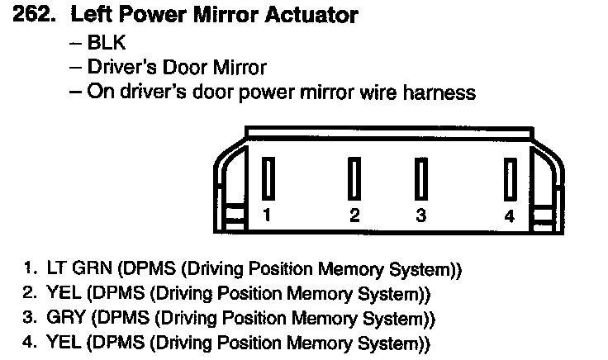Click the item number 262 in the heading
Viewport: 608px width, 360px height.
pos(33,15)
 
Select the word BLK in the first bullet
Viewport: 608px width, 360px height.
pos(106,42)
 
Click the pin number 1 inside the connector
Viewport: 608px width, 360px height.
pos(267,216)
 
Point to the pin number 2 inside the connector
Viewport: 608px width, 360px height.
pos(354,216)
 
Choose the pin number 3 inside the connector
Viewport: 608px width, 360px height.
pos(420,216)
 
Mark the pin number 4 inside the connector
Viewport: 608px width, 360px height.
pos(510,216)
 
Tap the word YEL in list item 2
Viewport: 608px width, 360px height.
pos(62,294)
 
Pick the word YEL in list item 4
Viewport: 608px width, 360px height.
pos(62,342)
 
